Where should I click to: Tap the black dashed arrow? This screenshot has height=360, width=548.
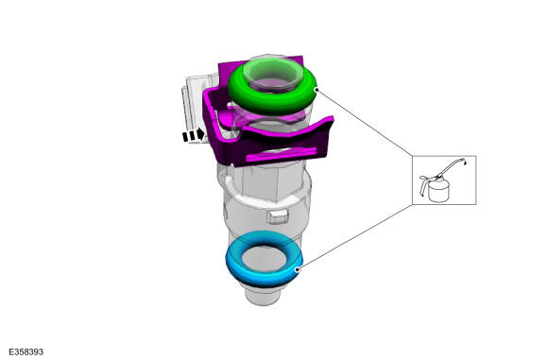[x=194, y=134]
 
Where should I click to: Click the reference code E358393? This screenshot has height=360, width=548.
[x=26, y=351]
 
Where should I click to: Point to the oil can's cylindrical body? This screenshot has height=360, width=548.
[x=438, y=192]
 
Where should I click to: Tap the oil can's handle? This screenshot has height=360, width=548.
[x=423, y=184]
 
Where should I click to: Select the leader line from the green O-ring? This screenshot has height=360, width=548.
[x=365, y=122]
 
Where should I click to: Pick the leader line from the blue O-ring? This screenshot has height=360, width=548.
[x=354, y=237]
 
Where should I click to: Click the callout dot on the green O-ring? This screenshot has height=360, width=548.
[x=317, y=90]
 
